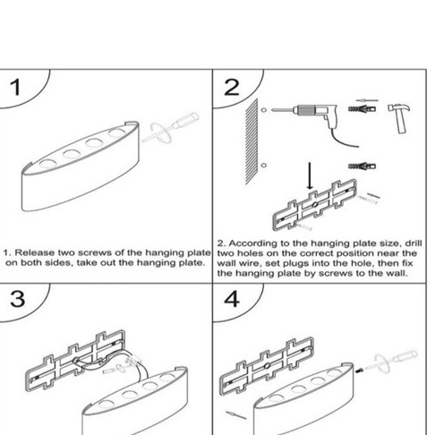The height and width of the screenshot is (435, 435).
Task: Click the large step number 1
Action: point(15,88)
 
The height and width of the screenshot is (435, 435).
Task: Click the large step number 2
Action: point(232,88)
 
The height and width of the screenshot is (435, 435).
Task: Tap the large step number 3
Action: point(17,299)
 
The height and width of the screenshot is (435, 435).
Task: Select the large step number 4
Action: point(232,299)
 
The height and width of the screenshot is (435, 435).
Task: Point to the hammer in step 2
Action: point(399,117)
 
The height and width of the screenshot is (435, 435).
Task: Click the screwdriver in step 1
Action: point(171,128)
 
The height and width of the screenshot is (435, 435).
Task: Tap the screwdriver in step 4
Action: point(391,362)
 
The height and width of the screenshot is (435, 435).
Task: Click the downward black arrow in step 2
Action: point(310,175)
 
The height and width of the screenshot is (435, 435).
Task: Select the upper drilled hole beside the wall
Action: point(264,110)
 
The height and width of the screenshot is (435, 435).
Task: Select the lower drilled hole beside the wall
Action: point(263,165)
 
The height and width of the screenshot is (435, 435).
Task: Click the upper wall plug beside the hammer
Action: point(362,108)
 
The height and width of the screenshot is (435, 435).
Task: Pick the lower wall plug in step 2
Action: point(362,166)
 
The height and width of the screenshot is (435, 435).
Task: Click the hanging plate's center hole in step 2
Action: point(315,205)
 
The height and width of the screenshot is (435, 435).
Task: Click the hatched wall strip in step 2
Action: point(252,142)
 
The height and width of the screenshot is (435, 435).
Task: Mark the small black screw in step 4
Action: point(359,371)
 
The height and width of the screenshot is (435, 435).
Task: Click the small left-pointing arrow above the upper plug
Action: point(367,100)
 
